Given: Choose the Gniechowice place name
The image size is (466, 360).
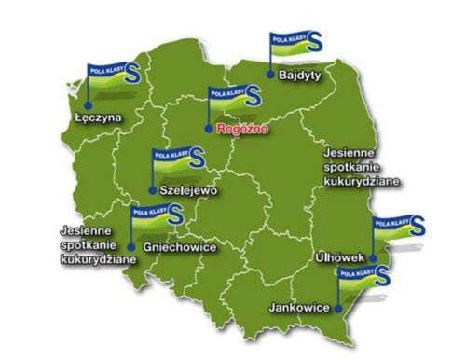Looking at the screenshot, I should point(181,247).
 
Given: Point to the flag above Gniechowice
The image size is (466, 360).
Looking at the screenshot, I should point(156,218).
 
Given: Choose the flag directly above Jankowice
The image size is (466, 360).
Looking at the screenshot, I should point(364,276).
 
